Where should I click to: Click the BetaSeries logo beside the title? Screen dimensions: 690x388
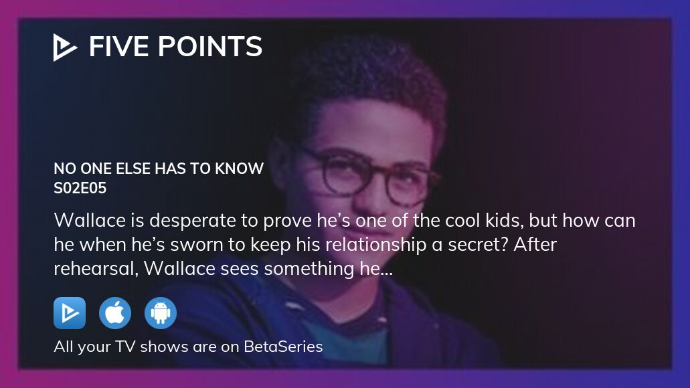pos(65,47)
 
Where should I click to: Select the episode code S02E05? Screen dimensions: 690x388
pos(80,188)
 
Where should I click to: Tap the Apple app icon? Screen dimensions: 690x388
pos(115,313)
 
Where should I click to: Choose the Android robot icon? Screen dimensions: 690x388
pos(161,313)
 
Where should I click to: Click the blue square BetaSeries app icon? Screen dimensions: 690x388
pos(70,313)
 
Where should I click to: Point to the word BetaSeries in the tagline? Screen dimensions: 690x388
pos(283,347)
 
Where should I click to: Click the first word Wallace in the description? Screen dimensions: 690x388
pos(90,220)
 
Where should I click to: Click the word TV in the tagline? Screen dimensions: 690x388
pos(125,347)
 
